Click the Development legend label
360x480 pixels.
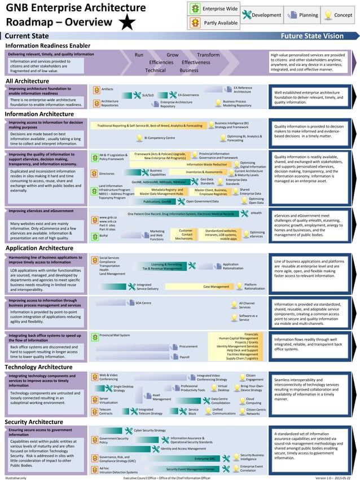point(266,15)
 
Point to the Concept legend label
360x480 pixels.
point(343,15)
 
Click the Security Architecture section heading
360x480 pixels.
point(34,422)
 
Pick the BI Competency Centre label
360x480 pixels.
point(159,138)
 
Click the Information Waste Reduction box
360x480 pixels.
point(207,165)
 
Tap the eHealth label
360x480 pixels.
point(256,213)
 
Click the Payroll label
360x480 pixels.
point(184,356)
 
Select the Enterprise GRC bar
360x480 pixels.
point(205,459)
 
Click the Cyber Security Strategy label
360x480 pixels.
point(150,430)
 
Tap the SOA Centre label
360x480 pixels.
point(143,303)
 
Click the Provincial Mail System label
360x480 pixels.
point(114,335)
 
